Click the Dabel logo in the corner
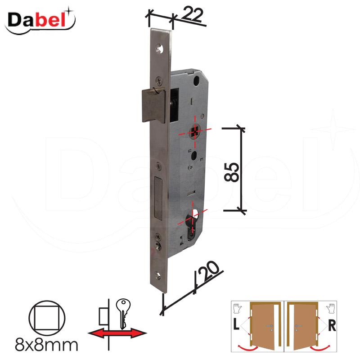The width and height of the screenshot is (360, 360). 40,21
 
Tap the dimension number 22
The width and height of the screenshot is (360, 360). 193,14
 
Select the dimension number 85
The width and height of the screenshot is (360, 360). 231,172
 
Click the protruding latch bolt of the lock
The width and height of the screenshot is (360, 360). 153,105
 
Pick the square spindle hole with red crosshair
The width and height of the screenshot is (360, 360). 195,132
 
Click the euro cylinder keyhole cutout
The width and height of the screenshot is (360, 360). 193,224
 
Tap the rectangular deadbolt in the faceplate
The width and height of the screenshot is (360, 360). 158,198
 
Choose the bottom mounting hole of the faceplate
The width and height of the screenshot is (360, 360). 158,275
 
